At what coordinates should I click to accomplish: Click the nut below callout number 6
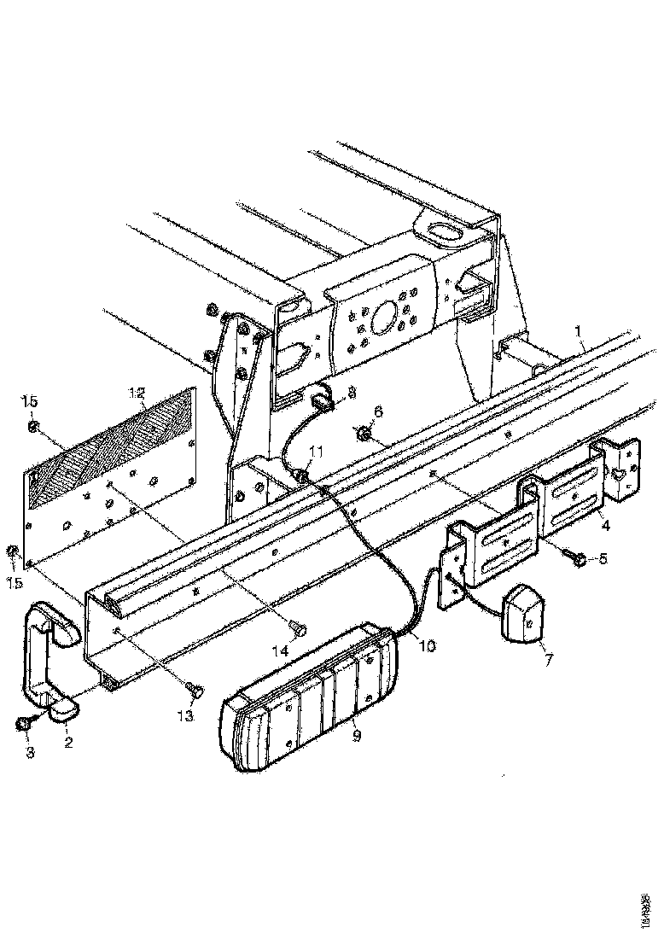coord(363,436)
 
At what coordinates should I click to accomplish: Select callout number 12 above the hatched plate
coord(137,393)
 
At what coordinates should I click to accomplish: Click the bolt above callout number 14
coord(299,627)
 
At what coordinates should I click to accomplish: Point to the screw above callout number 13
coord(193,688)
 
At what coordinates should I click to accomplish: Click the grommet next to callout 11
coord(301,475)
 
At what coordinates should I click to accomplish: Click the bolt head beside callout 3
coord(23,725)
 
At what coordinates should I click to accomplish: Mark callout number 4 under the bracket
coord(604,526)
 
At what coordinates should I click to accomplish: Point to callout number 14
coord(279,651)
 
